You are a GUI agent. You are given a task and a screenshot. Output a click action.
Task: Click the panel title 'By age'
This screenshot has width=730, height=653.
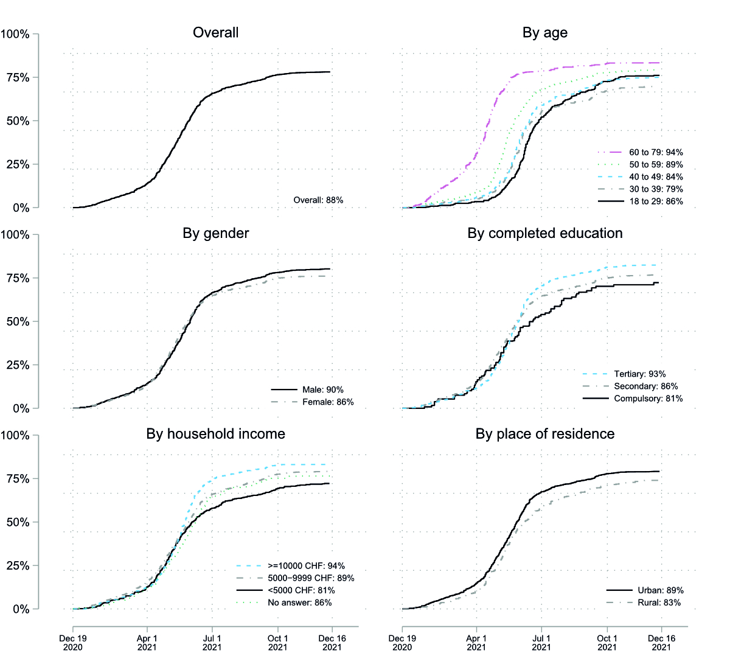tap(544, 33)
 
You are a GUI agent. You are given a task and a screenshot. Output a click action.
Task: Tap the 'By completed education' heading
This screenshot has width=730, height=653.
tap(544, 233)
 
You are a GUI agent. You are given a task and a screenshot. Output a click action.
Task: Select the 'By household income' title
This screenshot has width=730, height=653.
tap(215, 434)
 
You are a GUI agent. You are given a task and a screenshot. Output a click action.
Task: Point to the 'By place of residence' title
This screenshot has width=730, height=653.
tap(544, 434)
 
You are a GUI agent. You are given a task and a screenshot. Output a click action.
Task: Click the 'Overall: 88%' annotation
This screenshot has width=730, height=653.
tap(318, 200)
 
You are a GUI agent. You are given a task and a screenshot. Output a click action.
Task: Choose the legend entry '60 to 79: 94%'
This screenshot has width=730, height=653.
tap(656, 152)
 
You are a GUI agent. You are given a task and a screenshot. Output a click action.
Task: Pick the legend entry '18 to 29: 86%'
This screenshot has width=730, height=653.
tap(656, 201)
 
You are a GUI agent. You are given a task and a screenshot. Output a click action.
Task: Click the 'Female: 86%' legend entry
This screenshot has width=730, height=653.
tap(328, 402)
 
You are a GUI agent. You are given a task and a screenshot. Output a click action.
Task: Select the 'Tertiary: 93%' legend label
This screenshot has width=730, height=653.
tap(640, 374)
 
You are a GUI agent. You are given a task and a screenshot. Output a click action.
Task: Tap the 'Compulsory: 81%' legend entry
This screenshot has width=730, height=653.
tap(648, 398)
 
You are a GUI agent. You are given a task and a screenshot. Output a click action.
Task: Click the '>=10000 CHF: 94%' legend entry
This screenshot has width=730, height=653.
tap(306, 565)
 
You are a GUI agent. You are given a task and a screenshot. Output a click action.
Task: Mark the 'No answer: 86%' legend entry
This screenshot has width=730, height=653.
tap(300, 602)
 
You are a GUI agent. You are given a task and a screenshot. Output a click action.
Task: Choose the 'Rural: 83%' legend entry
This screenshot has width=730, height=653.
tap(659, 602)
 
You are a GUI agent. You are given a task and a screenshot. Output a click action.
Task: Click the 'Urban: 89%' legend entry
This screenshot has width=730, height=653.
tap(660, 590)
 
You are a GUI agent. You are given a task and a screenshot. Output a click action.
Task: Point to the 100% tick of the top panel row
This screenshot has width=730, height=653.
tap(15, 35)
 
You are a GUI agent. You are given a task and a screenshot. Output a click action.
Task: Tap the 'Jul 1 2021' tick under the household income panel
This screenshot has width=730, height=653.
tap(212, 643)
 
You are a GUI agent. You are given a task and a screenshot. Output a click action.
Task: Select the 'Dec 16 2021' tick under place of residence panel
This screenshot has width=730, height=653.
tap(661, 643)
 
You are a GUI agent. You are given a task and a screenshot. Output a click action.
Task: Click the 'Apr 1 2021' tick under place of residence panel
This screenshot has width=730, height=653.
tap(476, 643)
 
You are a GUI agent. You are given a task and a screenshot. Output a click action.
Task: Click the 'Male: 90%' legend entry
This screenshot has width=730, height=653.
tap(323, 389)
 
